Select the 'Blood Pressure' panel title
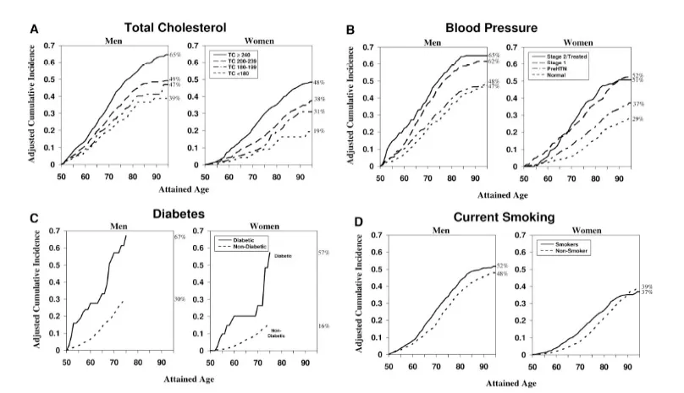(x=499, y=27)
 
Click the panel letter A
(x=35, y=28)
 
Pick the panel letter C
(x=33, y=217)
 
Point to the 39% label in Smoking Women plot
(x=647, y=287)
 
